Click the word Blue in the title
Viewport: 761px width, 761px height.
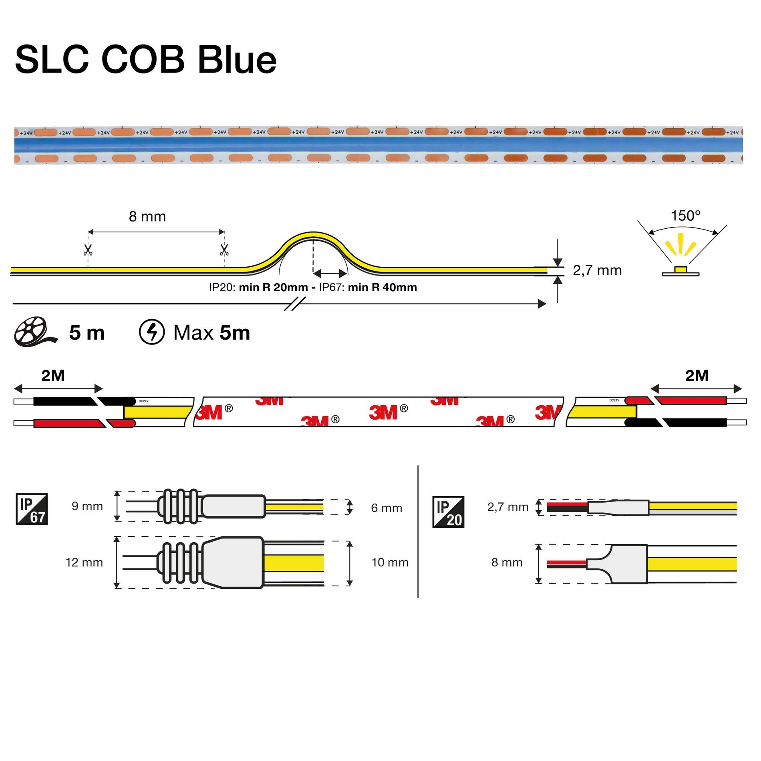[237, 60]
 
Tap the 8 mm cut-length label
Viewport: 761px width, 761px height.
[147, 217]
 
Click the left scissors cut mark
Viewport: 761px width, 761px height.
[88, 250]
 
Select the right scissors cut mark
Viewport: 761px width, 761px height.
[224, 250]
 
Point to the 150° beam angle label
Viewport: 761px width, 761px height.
[685, 216]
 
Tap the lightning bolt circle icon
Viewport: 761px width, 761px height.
[152, 332]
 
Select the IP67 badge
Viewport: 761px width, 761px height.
[32, 509]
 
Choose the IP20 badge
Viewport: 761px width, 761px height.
[448, 512]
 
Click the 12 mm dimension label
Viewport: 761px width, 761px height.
[84, 563]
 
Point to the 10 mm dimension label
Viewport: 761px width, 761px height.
[390, 563]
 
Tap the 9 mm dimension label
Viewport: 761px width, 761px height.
[87, 506]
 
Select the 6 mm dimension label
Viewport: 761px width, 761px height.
[386, 508]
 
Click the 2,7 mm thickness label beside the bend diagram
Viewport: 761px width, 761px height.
[597, 271]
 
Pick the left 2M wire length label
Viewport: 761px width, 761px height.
[53, 376]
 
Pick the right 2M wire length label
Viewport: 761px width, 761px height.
[697, 376]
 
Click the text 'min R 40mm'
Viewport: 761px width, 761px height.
[382, 288]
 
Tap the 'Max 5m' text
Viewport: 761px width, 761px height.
[211, 333]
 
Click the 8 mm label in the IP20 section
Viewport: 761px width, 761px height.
[507, 563]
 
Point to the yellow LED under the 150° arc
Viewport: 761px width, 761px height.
[680, 269]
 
